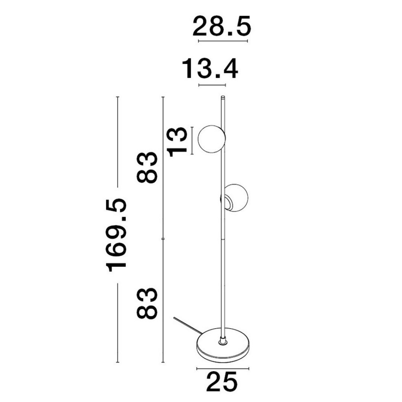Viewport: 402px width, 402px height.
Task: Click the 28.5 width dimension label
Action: click(x=221, y=26)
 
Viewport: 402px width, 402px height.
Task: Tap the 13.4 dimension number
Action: click(x=210, y=69)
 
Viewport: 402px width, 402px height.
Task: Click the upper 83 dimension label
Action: click(x=147, y=167)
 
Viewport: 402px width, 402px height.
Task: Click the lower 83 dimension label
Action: click(x=147, y=303)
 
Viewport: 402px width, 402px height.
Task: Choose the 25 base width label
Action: click(x=222, y=382)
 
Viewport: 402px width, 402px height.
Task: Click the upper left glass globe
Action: click(x=211, y=139)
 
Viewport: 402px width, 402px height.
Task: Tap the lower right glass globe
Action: click(x=236, y=197)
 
